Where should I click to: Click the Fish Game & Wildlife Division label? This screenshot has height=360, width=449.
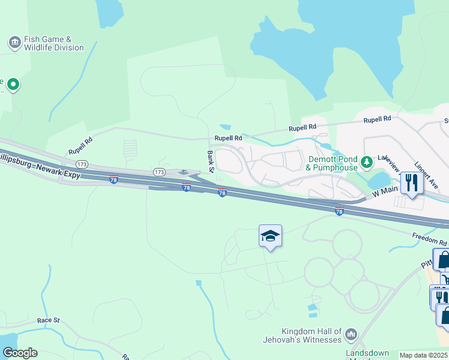point(53,43)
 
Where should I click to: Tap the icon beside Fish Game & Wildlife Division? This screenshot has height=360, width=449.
point(14,43)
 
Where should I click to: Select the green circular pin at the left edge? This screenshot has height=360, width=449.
point(13,85)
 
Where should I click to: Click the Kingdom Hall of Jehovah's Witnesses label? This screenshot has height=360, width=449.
point(312,335)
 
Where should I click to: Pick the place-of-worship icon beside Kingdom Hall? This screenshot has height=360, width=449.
point(352,334)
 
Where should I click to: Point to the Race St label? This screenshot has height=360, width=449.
point(48,320)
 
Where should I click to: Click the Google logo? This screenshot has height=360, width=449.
point(19,353)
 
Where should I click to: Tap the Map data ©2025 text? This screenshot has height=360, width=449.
point(423,355)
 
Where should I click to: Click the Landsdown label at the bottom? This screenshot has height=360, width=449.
point(367,353)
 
